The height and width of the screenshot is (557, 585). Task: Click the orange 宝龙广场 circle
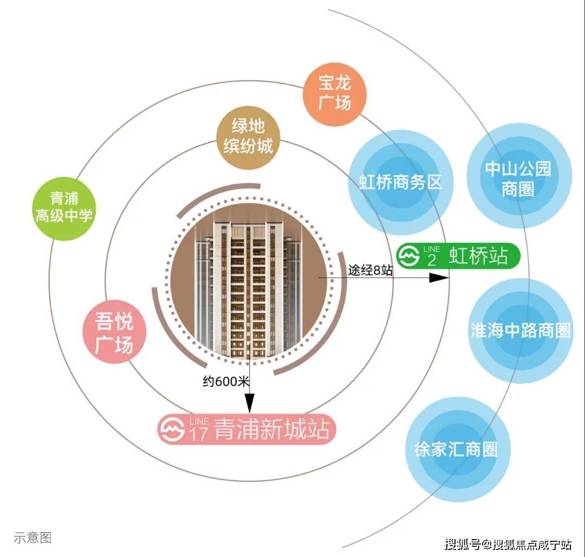pos(335,94)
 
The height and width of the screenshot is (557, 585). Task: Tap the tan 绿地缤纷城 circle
pos(249,137)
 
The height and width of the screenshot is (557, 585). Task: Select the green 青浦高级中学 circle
pos(64,209)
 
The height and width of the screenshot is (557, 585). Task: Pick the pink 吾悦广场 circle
pos(114,332)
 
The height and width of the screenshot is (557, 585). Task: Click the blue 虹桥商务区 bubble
pos(401,183)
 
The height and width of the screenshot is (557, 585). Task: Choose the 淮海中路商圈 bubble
pos(521,331)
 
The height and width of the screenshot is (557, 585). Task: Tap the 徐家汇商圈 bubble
pos(458,449)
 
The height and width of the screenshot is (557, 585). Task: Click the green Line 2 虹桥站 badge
pos(458,256)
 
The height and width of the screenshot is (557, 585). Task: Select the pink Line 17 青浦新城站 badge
pos(247,430)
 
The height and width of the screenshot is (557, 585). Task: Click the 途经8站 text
pos(370,270)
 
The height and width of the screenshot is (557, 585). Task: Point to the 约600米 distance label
pos(226,381)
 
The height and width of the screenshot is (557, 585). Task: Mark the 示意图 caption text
pos(32,537)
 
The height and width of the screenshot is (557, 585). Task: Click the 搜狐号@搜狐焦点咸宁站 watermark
pos(508,545)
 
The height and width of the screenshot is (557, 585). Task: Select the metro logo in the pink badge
pos(171,430)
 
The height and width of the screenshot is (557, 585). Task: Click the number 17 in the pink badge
pos(198,434)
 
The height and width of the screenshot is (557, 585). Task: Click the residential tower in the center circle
pos(249,289)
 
